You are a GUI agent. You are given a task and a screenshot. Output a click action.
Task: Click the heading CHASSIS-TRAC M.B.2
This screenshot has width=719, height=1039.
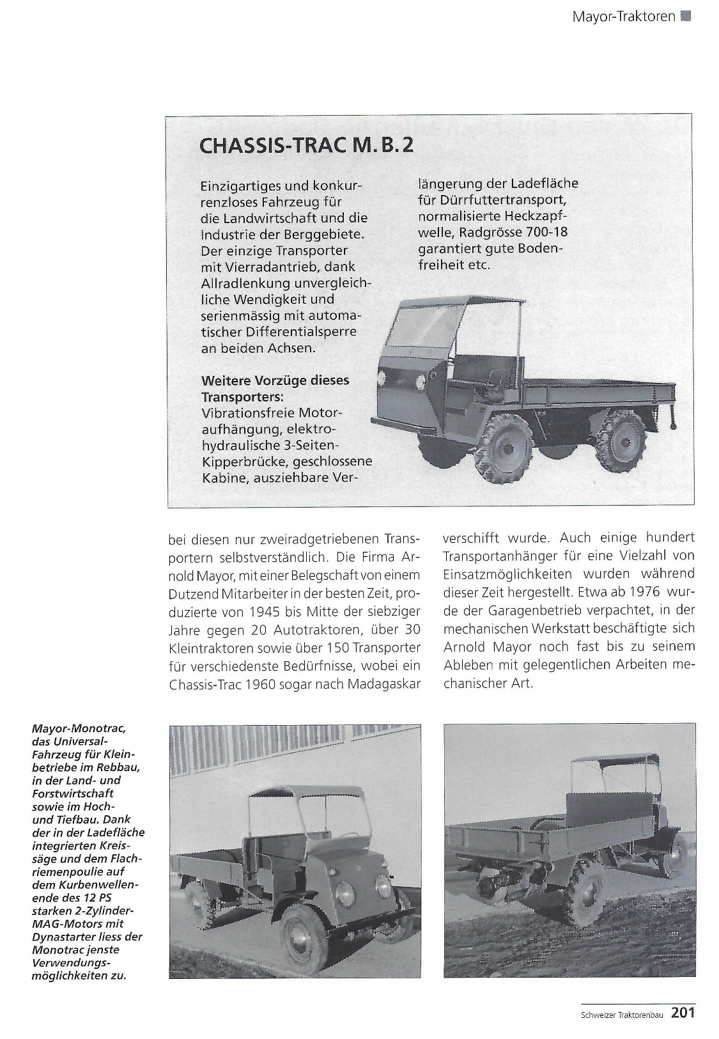click(x=306, y=146)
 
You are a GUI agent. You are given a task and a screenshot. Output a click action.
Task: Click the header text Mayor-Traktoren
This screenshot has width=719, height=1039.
click(x=624, y=16)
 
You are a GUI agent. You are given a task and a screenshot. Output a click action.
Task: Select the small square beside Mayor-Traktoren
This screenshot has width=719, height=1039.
click(x=686, y=17)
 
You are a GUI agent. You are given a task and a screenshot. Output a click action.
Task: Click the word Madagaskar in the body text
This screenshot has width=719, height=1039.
click(x=385, y=684)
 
